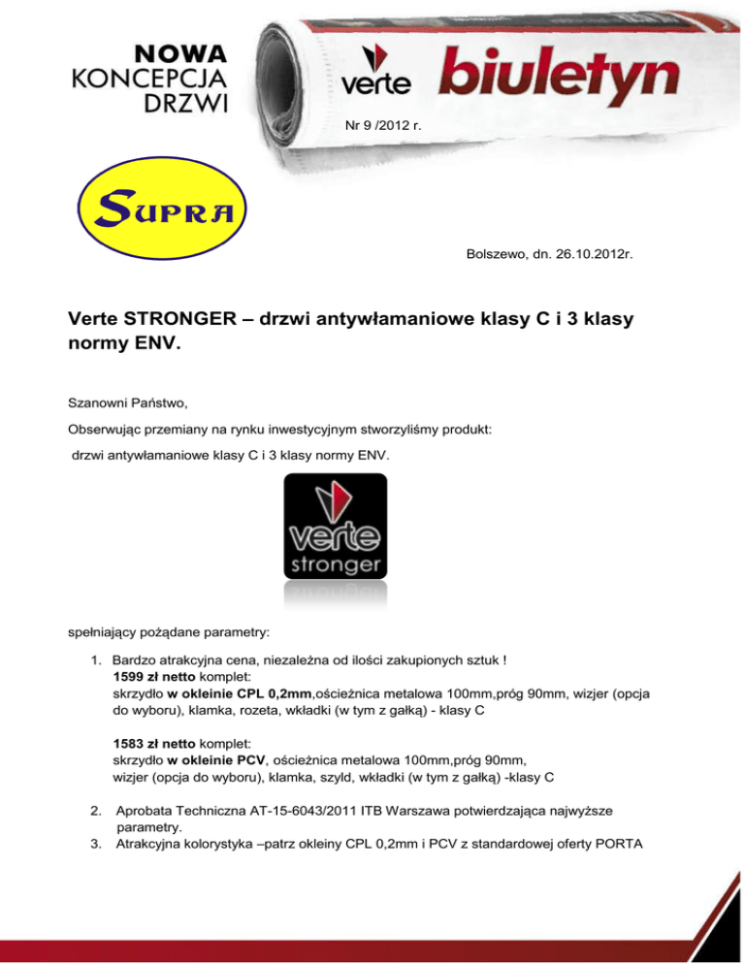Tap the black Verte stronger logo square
click(335, 527)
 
